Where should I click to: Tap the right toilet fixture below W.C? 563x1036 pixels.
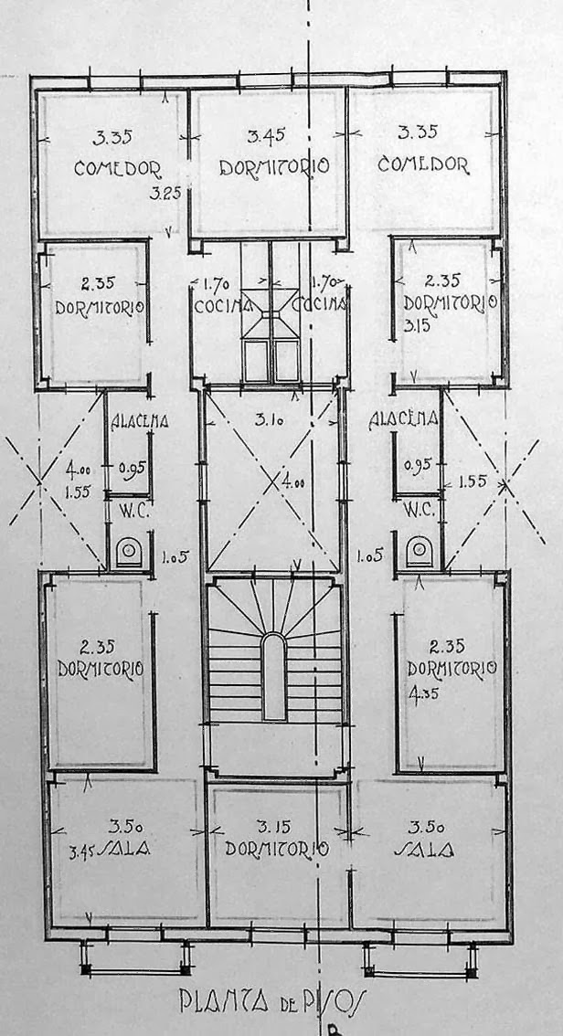pyautogui.click(x=419, y=552)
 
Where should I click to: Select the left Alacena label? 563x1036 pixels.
pyautogui.click(x=138, y=422)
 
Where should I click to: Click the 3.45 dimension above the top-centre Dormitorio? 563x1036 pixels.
pyautogui.click(x=266, y=136)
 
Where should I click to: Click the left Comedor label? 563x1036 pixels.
pyautogui.click(x=118, y=168)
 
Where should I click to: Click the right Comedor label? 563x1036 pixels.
pyautogui.click(x=423, y=165)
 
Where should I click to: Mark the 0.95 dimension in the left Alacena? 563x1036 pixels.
pyautogui.click(x=133, y=470)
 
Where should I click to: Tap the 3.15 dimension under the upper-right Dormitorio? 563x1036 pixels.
pyautogui.click(x=417, y=323)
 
